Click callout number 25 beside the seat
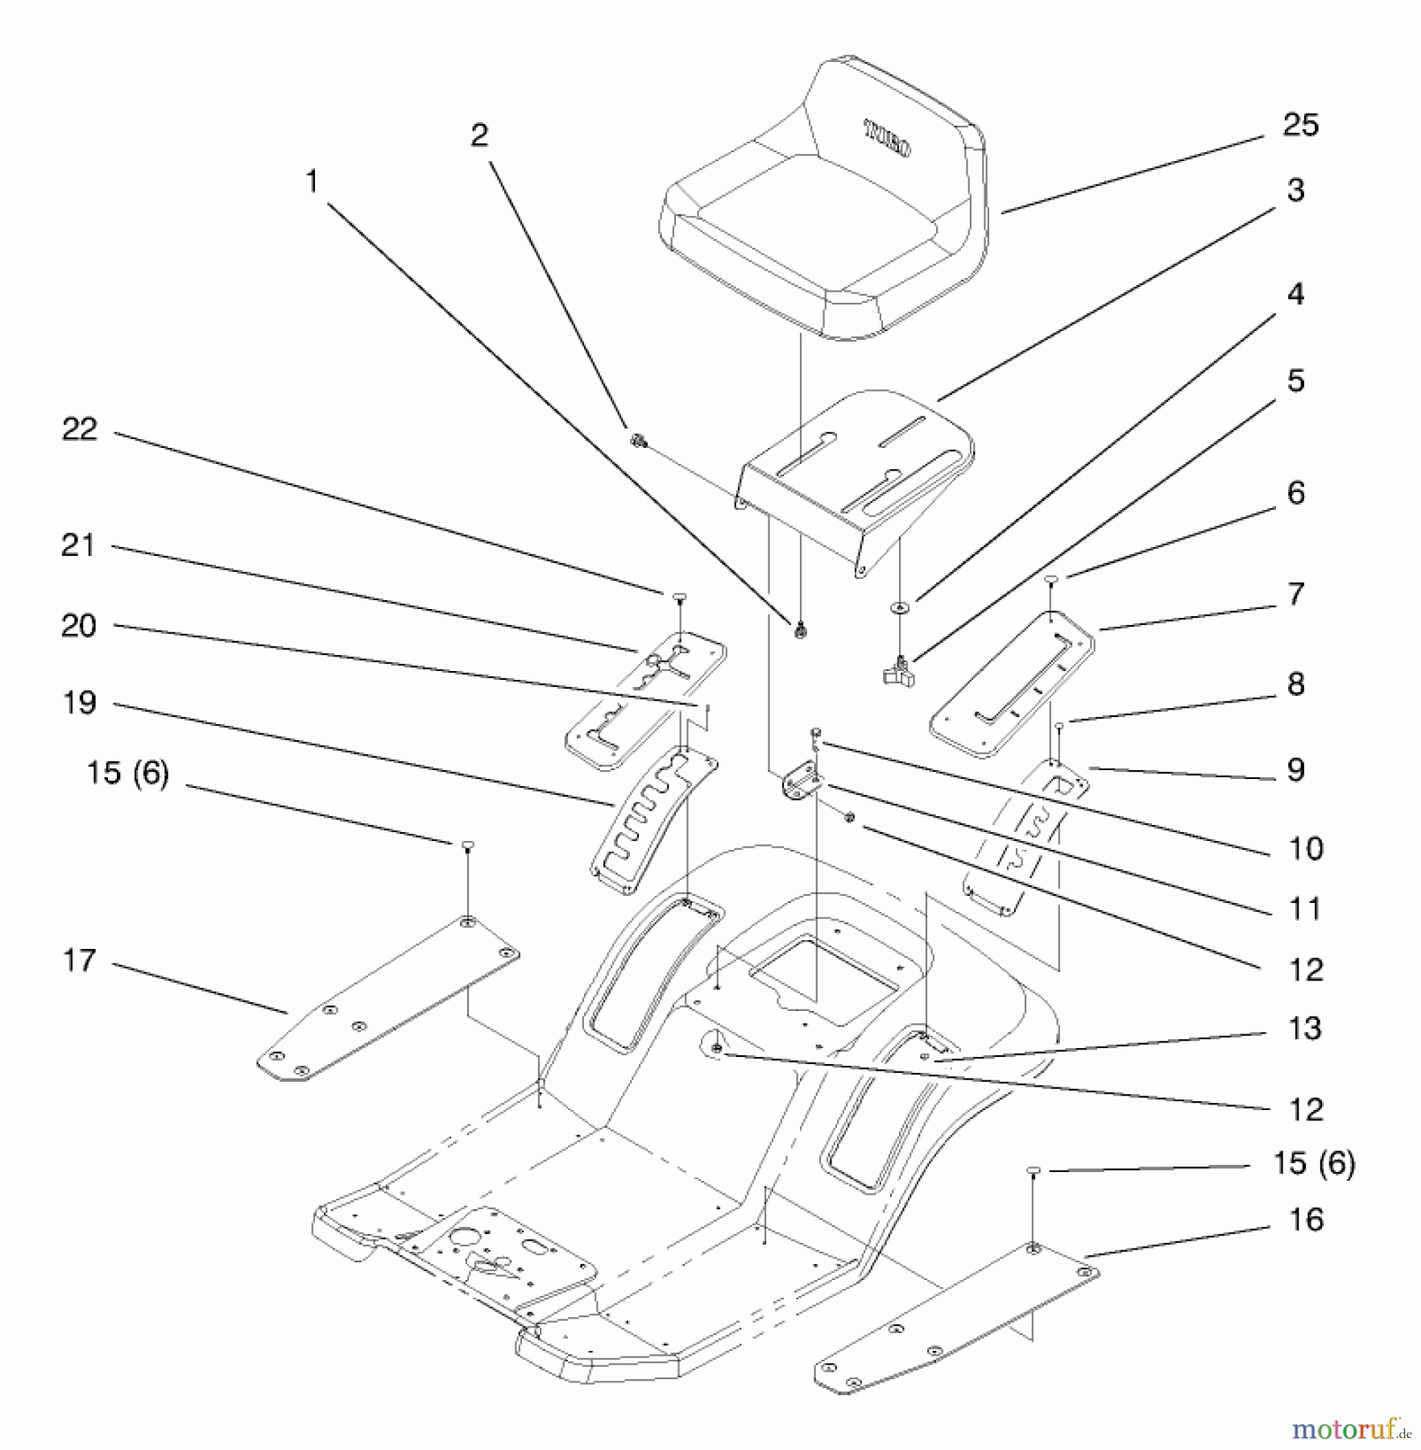tap(1300, 126)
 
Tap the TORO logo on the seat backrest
tap(887, 139)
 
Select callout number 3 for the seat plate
tap(1295, 191)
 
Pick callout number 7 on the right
tap(1295, 594)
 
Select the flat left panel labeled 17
tap(387, 999)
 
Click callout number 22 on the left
tap(79, 429)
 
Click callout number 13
tap(1305, 1029)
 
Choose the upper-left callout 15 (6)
tap(127, 773)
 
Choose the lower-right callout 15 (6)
tap(1314, 1163)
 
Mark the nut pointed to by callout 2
tap(638, 441)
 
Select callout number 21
tap(78, 546)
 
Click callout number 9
tap(1295, 770)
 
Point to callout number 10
tap(1305, 848)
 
